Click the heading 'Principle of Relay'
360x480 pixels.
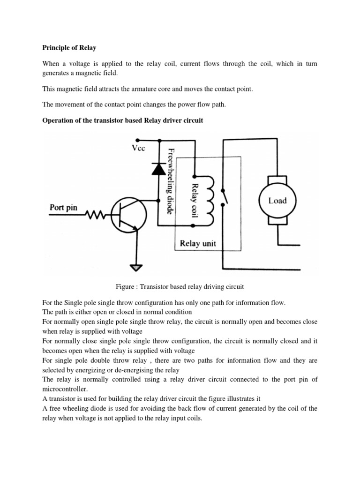70,47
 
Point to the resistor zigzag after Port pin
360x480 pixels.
96,215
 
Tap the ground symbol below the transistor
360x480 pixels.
136,268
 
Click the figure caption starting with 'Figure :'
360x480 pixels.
180,286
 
